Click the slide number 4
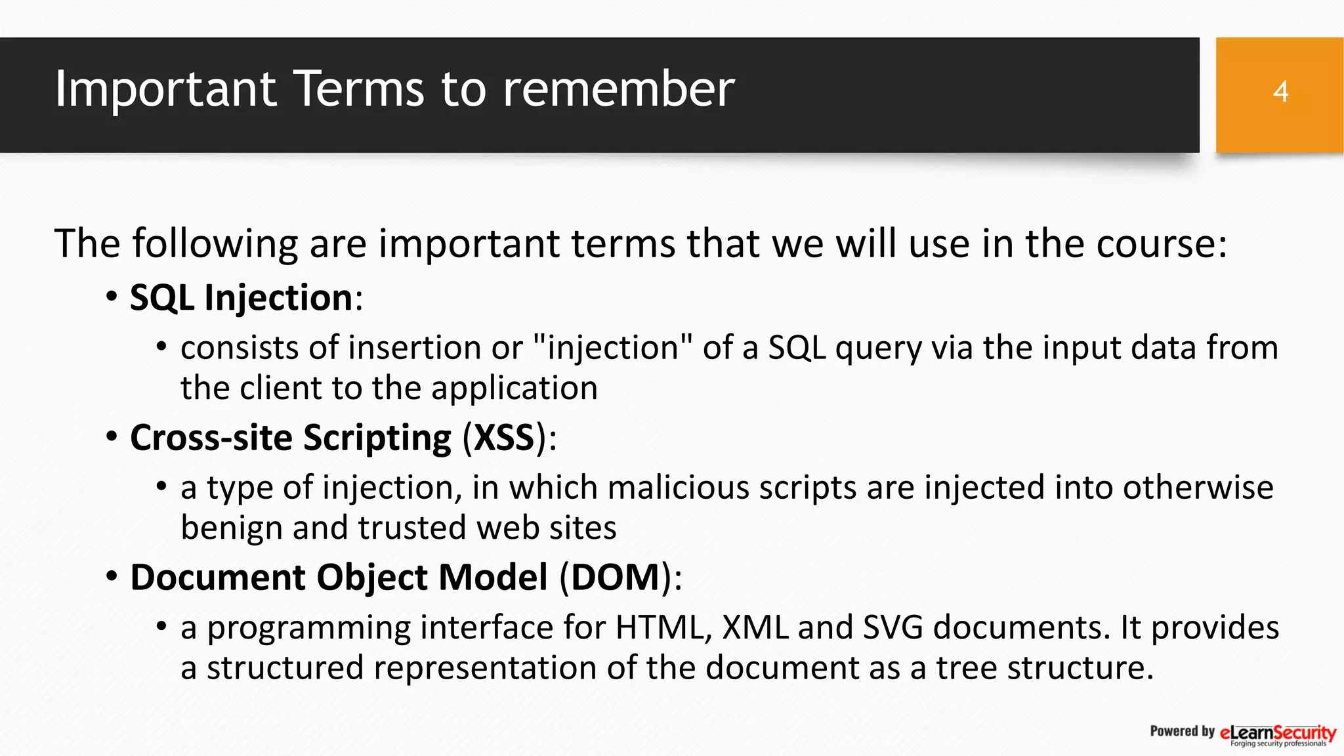[x=1280, y=92]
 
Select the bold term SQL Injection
[x=241, y=298]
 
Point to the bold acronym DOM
[x=615, y=577]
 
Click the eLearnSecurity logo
[x=1277, y=734]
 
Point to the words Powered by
[x=1182, y=731]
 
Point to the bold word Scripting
[x=377, y=438]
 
